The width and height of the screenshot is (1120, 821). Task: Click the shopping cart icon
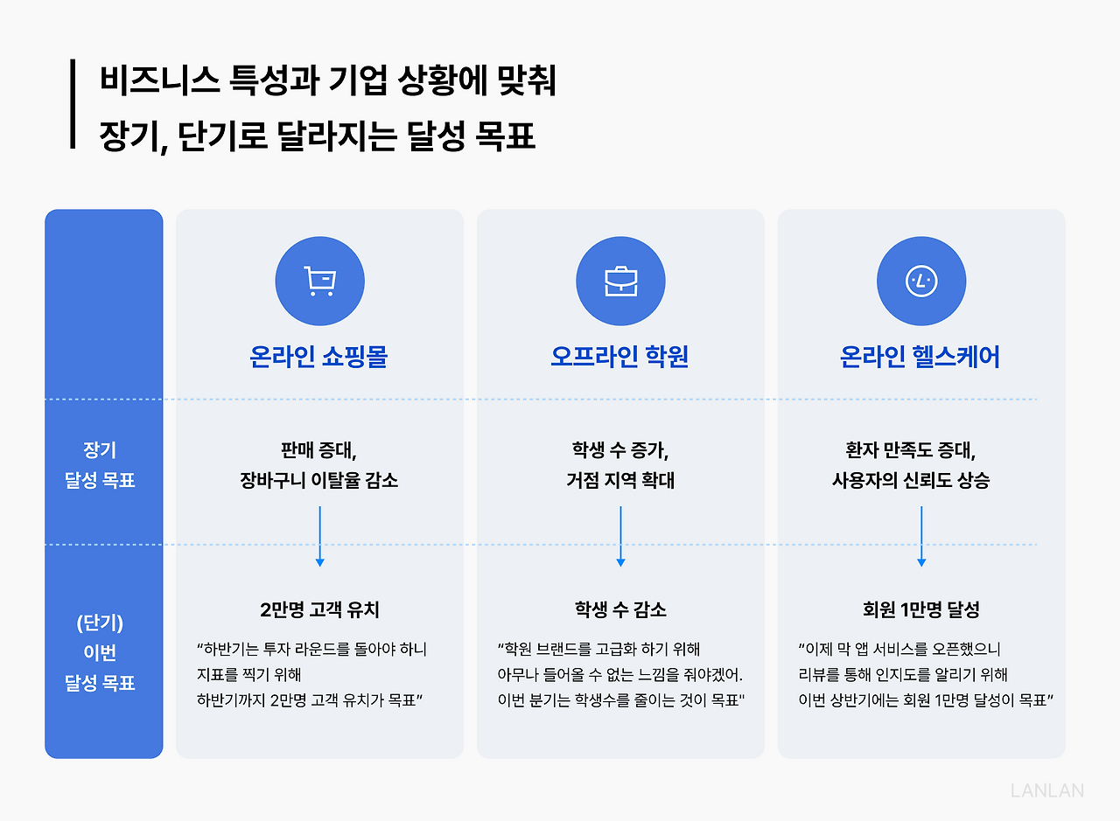(319, 282)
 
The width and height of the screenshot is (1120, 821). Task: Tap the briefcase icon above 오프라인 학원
(620, 282)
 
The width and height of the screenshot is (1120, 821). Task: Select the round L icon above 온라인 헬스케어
(921, 282)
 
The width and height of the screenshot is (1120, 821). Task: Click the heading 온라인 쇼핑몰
(319, 357)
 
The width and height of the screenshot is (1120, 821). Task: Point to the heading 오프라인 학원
(620, 357)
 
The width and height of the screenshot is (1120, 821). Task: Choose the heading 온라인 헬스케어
(920, 357)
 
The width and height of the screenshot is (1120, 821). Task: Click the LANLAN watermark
(1046, 790)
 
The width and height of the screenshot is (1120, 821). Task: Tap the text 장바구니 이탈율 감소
(319, 480)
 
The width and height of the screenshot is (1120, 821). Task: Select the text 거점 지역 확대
(620, 480)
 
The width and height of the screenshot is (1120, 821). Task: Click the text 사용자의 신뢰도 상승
(911, 480)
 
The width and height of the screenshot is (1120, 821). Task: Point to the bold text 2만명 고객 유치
(319, 609)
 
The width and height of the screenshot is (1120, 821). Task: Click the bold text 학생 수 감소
(620, 609)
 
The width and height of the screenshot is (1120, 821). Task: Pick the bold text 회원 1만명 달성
(921, 609)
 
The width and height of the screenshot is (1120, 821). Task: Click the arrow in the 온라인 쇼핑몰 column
(319, 535)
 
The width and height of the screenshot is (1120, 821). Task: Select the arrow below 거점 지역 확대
(620, 535)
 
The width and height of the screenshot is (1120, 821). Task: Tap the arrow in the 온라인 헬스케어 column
(921, 535)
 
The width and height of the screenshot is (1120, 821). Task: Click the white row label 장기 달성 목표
(101, 465)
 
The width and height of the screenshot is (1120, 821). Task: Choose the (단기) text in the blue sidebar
(101, 623)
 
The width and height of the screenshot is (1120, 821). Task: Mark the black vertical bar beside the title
(73, 104)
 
